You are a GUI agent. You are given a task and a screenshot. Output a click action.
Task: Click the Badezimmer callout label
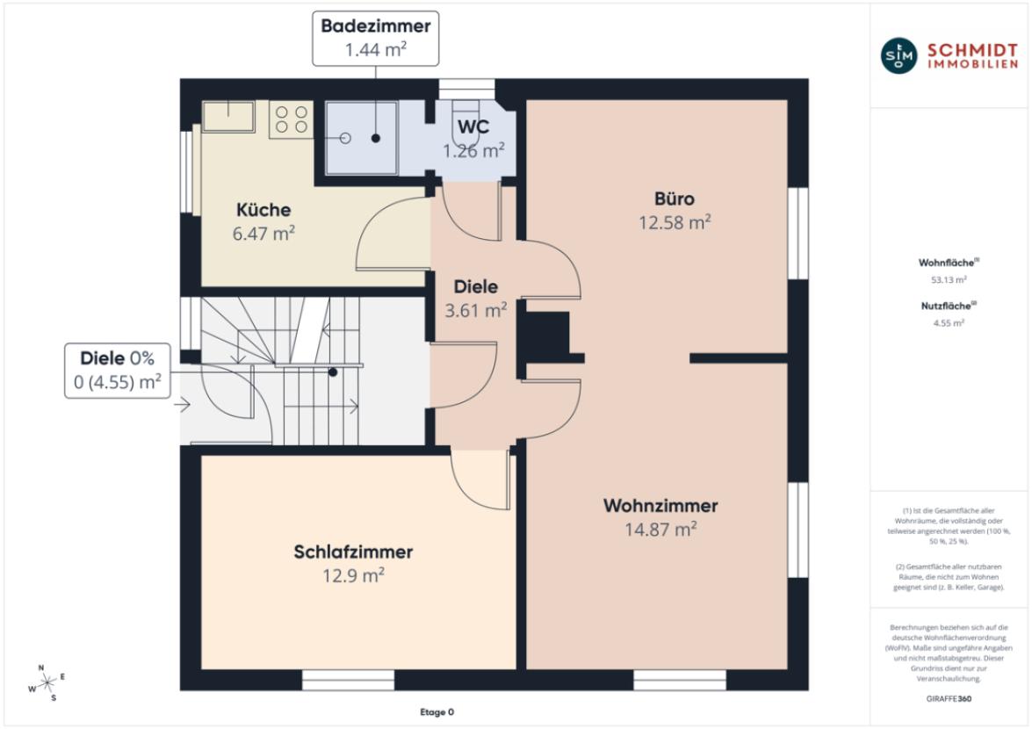click(375, 39)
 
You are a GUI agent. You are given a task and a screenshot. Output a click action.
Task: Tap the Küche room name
click(263, 210)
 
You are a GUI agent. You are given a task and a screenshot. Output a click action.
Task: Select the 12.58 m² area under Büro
click(674, 223)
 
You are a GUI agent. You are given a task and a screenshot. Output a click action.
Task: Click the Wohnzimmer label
click(660, 506)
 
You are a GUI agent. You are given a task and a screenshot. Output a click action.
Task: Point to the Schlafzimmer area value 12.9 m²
click(354, 575)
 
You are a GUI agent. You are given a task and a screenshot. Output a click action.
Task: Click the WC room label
click(473, 127)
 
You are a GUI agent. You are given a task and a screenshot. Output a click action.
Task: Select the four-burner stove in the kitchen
click(292, 119)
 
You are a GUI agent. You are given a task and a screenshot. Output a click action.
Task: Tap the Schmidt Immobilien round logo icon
click(897, 55)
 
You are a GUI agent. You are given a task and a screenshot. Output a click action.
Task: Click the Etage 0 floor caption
click(437, 712)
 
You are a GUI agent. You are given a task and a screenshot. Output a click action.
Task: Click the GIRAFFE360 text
click(949, 699)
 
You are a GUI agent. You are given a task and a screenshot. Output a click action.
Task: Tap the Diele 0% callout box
click(118, 370)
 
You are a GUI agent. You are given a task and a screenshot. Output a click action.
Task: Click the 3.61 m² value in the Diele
click(475, 309)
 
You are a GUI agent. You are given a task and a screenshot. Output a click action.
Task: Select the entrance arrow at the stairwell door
click(183, 405)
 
